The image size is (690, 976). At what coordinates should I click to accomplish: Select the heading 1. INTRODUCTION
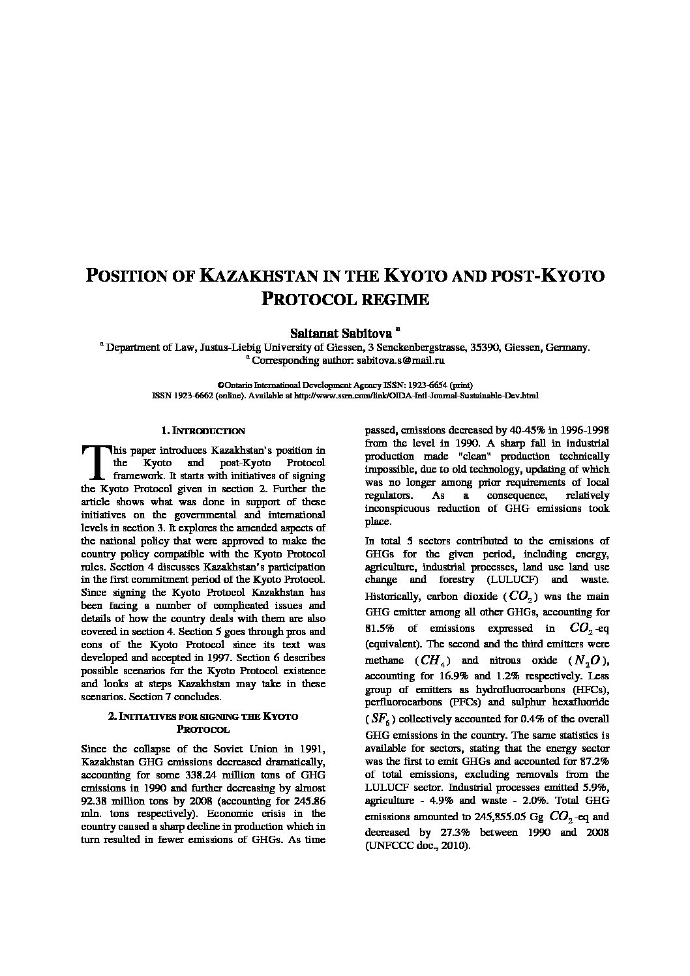[203, 431]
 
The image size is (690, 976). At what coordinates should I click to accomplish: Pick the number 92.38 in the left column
[95, 801]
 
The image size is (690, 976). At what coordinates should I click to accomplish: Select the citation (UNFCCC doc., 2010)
[417, 846]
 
